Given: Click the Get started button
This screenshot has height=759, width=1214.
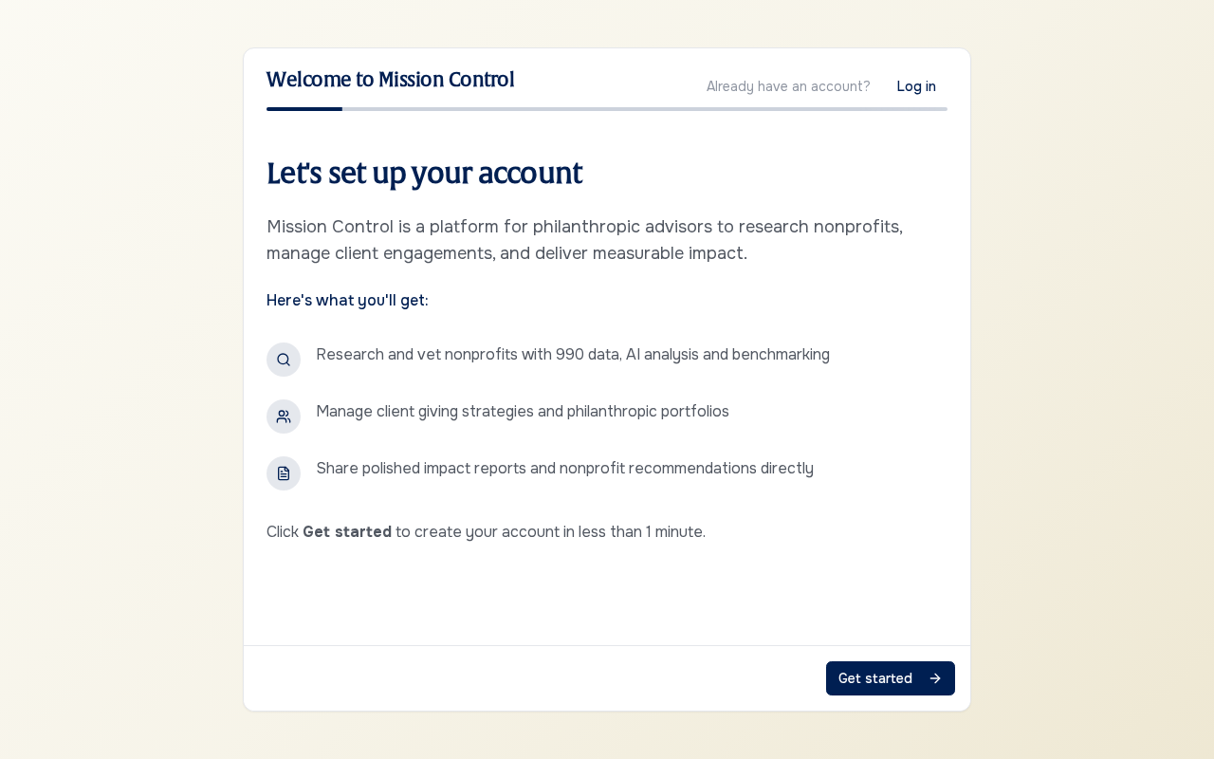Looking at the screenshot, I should click(890, 678).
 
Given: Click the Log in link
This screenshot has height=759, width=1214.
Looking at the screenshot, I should click(916, 86).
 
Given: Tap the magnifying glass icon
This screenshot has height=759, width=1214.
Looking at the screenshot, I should click(284, 360).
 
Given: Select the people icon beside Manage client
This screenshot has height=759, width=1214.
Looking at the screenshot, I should click(284, 417).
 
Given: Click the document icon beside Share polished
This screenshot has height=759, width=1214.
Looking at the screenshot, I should click(284, 473).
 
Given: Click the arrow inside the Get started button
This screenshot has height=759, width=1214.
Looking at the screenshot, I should click(935, 678).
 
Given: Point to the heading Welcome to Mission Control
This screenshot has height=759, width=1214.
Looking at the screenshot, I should click(390, 80).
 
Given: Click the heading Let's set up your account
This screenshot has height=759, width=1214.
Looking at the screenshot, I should click(424, 174).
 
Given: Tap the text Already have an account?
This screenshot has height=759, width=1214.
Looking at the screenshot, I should click(788, 86).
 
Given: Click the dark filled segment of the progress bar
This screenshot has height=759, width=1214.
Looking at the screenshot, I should click(304, 109).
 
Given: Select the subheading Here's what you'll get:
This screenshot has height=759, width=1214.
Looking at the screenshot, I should click(347, 301).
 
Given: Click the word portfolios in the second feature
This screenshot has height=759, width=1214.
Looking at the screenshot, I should click(695, 412).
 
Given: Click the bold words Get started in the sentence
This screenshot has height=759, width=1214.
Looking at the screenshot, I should click(347, 532).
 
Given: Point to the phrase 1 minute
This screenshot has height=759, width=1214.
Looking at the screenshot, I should click(675, 532).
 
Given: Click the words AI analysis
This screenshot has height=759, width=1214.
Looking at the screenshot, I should click(662, 355).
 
